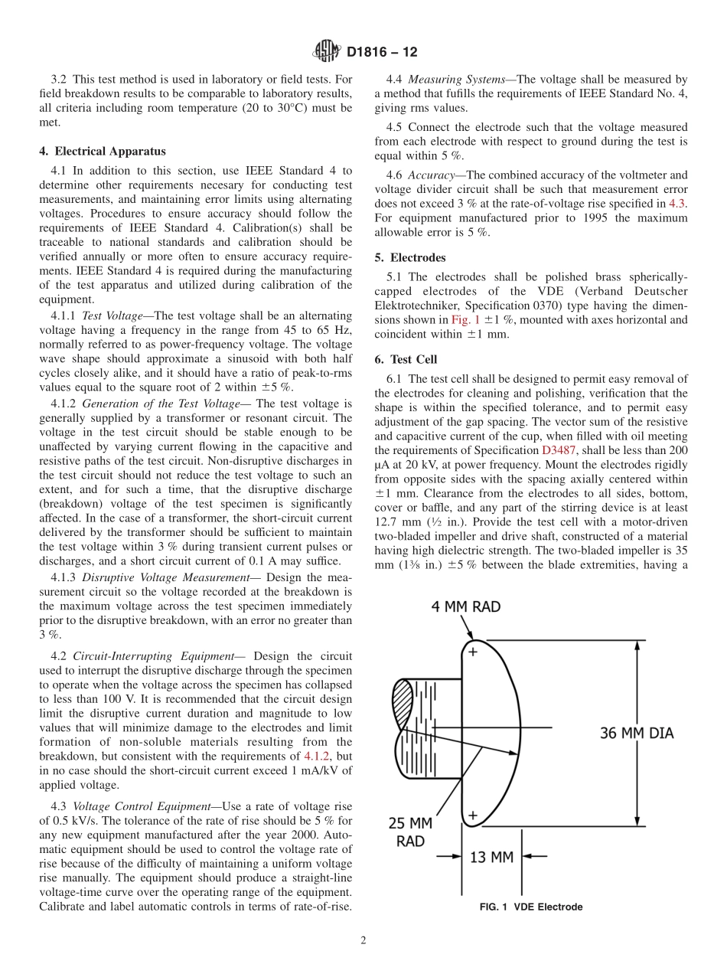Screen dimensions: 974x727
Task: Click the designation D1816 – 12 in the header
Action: click(382, 53)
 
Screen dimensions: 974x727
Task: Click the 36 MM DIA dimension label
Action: click(636, 733)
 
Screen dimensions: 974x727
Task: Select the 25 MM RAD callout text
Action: click(410, 832)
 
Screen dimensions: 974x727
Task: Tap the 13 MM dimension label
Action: click(491, 857)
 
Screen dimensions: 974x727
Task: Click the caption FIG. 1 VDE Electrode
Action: click(530, 907)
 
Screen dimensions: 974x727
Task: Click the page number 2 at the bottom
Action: click(363, 941)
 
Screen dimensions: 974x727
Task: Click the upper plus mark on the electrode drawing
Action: click(472, 652)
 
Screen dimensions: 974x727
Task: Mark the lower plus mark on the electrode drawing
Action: click(472, 815)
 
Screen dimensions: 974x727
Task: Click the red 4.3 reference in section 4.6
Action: click(677, 204)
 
